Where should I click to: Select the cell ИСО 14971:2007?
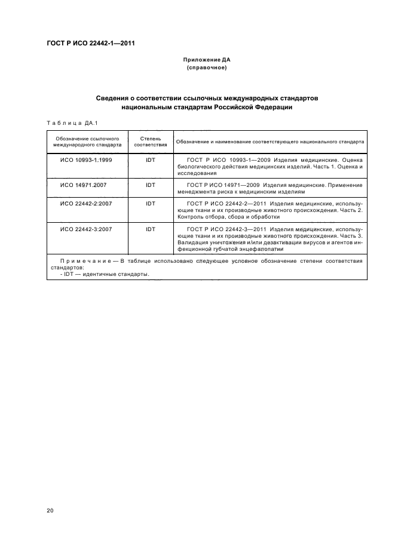[x=84, y=185]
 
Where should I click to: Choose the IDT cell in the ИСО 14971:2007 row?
[x=150, y=185]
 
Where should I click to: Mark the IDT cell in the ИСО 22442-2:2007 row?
[x=150, y=204]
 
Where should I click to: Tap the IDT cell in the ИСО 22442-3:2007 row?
[x=150, y=229]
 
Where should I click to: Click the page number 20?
[x=50, y=511]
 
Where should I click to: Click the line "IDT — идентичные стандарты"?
[x=105, y=274]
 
